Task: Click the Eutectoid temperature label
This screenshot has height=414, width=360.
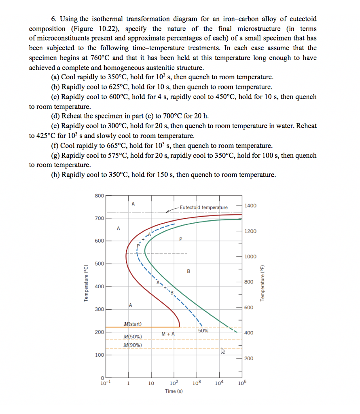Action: (203, 207)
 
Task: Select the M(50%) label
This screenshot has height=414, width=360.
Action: (133, 336)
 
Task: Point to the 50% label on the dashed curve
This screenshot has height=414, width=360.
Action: (203, 330)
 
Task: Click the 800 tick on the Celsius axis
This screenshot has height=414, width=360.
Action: (99, 195)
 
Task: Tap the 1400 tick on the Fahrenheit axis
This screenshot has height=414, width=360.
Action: (250, 206)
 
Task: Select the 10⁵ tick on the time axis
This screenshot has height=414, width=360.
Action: (242, 383)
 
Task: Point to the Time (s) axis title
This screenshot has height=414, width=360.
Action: (174, 391)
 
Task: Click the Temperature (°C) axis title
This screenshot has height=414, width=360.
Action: (85, 283)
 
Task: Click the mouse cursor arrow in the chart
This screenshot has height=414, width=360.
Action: (222, 351)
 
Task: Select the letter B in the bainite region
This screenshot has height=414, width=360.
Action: (188, 271)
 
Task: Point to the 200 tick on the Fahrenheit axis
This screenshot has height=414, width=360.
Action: (249, 358)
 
